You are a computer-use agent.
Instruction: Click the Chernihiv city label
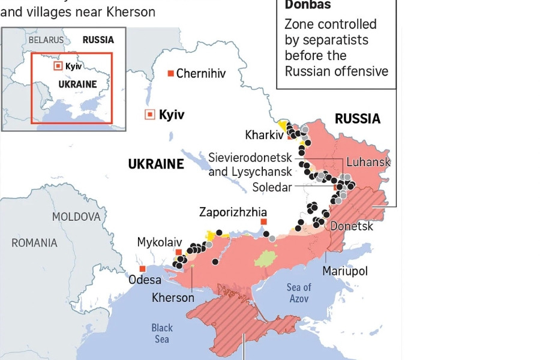[201, 74]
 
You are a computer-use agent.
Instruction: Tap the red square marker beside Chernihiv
[170, 73]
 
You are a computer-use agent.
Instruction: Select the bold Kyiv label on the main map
[172, 115]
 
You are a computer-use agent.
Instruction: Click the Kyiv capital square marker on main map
[149, 115]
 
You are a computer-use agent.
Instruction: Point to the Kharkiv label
[264, 135]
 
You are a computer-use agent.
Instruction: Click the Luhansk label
[368, 162]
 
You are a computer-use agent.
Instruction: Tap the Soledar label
[272, 187]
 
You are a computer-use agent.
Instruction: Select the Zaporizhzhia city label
[233, 212]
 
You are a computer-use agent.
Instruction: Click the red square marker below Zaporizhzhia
[263, 222]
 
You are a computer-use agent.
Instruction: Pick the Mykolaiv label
[160, 242]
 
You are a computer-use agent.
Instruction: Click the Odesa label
[145, 280]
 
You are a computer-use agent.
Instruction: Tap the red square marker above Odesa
[142, 269]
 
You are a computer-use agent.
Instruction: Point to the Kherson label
[173, 298]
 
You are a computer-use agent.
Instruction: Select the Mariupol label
[345, 271]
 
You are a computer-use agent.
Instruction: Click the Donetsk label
[352, 226]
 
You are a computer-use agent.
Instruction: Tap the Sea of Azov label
[299, 293]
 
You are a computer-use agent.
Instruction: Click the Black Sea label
[161, 334]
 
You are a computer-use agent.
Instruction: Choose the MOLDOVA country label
[76, 217]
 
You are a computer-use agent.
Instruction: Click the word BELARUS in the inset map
[46, 40]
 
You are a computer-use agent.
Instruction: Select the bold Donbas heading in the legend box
[307, 5]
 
